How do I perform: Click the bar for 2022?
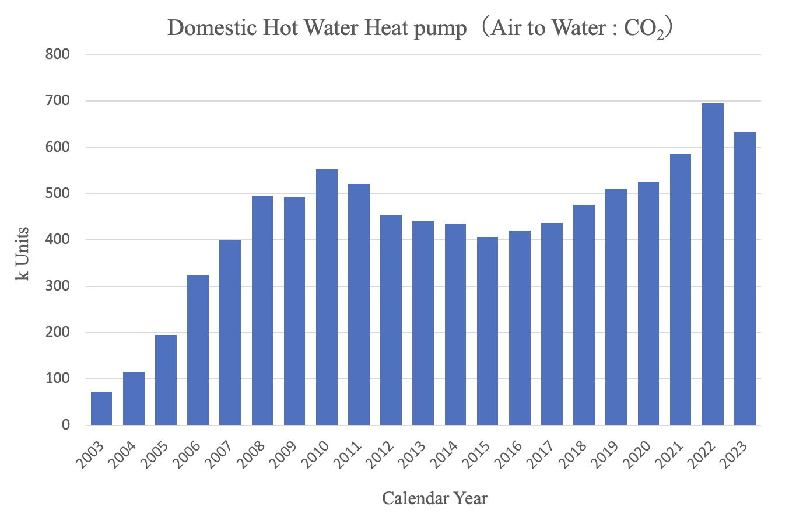[713, 264]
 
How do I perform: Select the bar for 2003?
[101, 408]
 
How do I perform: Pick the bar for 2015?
[488, 331]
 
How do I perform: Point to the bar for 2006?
[198, 350]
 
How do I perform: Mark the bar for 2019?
[616, 307]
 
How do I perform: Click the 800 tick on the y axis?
[58, 55]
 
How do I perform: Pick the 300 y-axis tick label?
[58, 287]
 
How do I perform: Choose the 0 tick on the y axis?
[65, 425]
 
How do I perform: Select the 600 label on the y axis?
[58, 148]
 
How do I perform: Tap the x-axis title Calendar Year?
[434, 498]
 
